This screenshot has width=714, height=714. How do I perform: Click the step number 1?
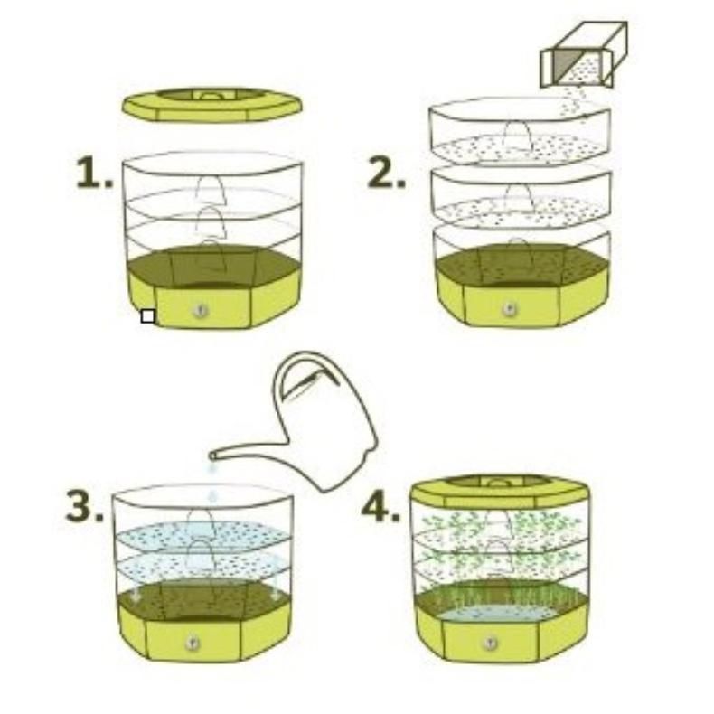click(94, 172)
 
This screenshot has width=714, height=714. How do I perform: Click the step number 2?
click(386, 174)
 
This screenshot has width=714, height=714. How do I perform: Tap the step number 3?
click(84, 506)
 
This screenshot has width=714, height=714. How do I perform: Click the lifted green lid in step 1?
click(211, 105)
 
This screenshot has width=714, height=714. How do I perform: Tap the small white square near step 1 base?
click(148, 316)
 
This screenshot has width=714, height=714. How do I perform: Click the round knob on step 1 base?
click(201, 311)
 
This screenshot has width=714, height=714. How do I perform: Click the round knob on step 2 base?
click(509, 309)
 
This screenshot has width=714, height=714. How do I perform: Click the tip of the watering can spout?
click(211, 456)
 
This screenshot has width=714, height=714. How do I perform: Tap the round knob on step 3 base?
click(193, 643)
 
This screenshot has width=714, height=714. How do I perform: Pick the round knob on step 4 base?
click(491, 643)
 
